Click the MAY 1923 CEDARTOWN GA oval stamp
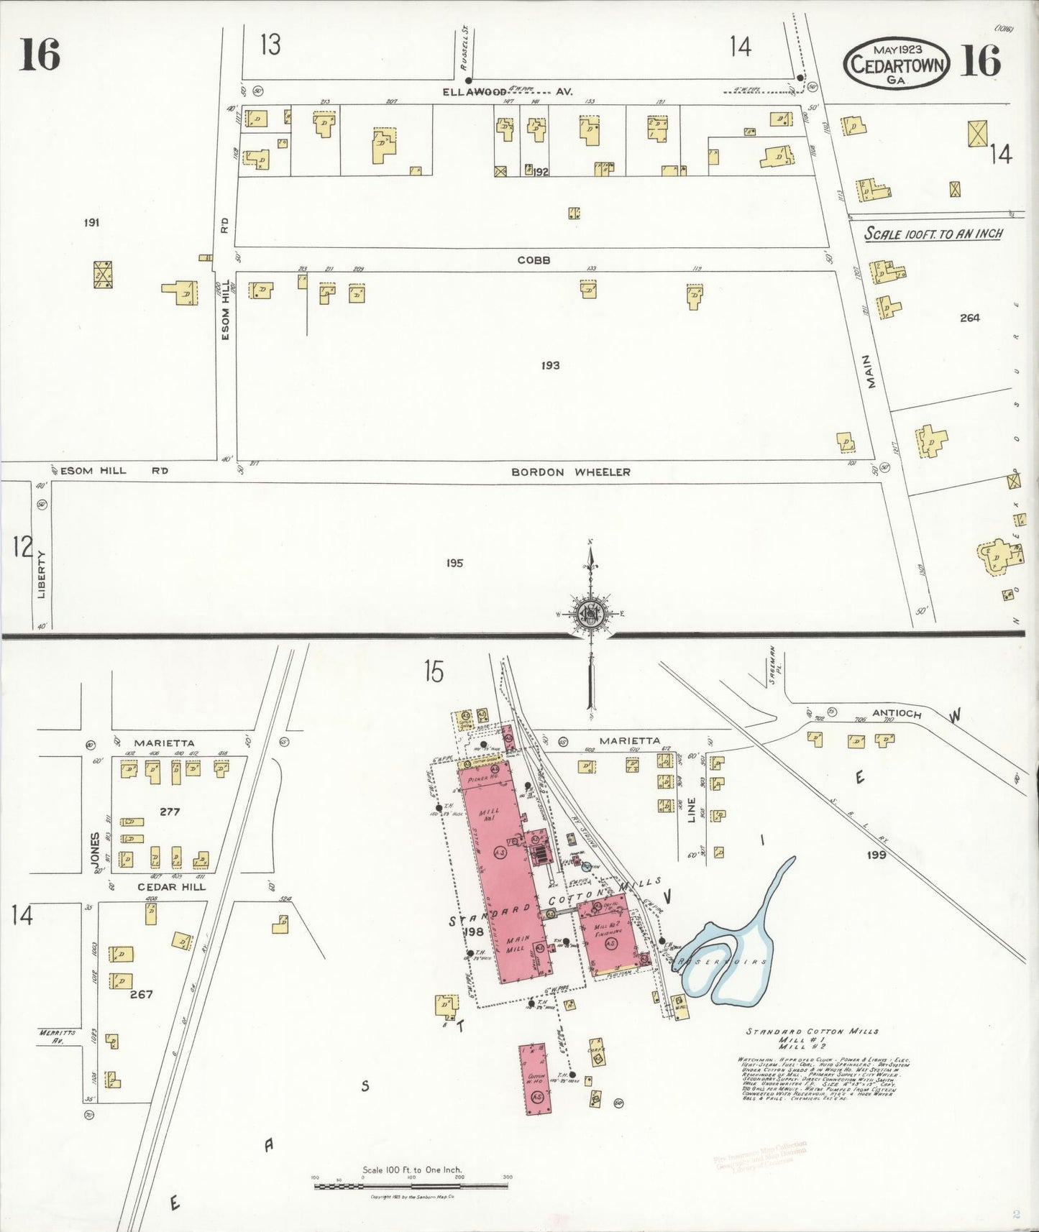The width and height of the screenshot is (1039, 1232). coord(896,64)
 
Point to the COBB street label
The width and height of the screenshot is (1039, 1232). coord(534,260)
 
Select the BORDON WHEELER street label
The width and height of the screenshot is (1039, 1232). coord(570,472)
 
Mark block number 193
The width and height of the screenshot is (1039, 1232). coord(550,366)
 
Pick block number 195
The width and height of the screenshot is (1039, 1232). coord(454,563)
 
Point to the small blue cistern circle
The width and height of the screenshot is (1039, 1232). coord(586,867)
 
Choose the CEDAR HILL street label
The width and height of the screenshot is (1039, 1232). coord(172,887)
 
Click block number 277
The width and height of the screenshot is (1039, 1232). coord(170,812)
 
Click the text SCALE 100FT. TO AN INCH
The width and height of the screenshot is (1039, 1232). coord(933,234)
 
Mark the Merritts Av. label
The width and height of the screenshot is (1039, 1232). coord(52,1036)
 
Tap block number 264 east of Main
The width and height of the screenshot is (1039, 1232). coord(969,318)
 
